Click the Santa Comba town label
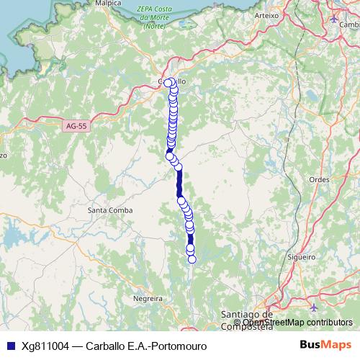(x=108, y=210)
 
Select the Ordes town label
(x=318, y=180)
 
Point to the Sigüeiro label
(x=301, y=256)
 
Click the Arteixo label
(x=266, y=14)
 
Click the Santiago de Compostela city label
(x=246, y=319)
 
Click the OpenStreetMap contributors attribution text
(x=293, y=322)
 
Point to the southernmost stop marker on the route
(x=192, y=259)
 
